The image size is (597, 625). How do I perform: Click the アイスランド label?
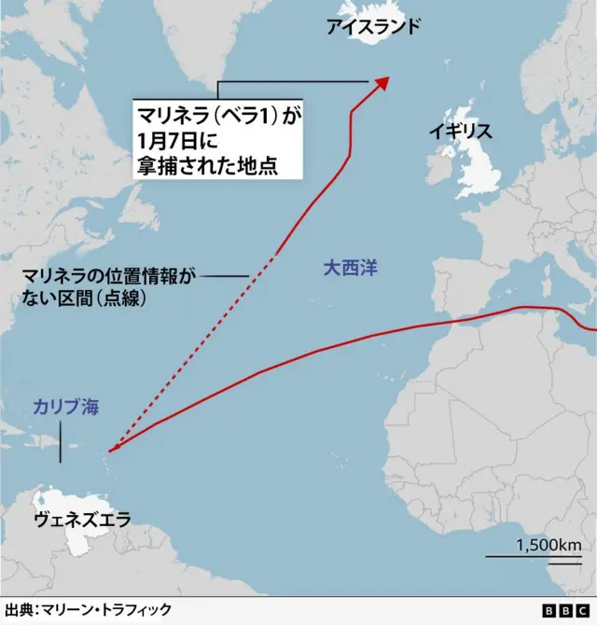[372, 27]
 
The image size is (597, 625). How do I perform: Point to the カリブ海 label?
[65, 407]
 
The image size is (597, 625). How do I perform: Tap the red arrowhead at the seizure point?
[382, 83]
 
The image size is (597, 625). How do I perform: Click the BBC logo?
[557, 610]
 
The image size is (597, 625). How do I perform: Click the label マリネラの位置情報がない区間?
[110, 277]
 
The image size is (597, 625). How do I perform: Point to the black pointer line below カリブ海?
[61, 440]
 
